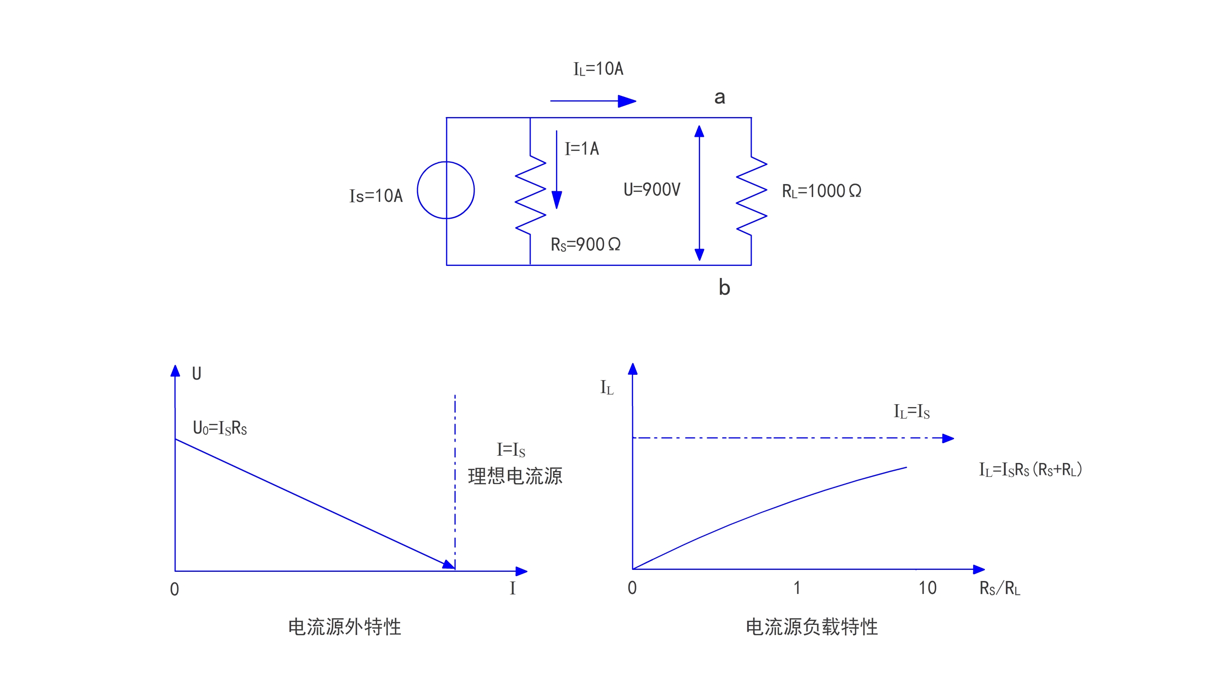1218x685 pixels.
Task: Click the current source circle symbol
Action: pos(446,190)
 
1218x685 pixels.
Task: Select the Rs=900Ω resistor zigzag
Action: pos(530,195)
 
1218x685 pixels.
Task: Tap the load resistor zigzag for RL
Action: pos(752,195)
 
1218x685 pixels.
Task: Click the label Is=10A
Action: pos(376,196)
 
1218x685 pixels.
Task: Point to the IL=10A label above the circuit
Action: pos(598,69)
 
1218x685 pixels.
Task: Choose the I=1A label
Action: pos(582,148)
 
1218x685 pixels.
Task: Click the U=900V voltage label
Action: pos(652,189)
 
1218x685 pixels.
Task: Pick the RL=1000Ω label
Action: pos(821,191)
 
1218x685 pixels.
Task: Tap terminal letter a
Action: pos(720,97)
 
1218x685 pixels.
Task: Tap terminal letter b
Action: pos(724,288)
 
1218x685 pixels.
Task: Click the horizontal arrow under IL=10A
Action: pos(593,101)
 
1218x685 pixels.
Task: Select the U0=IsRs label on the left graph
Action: pos(220,428)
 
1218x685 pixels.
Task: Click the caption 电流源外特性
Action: pos(344,627)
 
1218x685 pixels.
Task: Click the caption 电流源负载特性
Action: pos(812,627)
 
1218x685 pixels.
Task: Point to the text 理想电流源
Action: pos(515,476)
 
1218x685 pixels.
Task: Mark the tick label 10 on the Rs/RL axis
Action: pos(927,588)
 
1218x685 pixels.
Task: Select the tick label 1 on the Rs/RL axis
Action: pos(797,588)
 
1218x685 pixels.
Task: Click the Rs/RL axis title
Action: pos(1000,588)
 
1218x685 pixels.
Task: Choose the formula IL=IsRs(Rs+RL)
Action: pos(1031,469)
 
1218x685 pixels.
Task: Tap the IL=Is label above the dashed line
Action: pos(912,411)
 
